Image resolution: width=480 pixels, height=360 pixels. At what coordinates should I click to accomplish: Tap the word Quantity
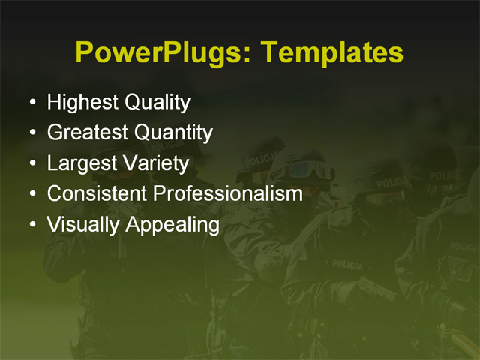172,133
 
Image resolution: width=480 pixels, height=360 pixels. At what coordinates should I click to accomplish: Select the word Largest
80,163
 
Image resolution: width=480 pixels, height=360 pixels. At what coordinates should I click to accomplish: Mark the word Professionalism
228,193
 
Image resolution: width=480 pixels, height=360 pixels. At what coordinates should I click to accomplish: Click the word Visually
78,225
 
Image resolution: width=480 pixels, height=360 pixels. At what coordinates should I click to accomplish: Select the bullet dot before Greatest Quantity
31,133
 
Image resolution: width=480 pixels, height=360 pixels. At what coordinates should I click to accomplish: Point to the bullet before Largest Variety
31,163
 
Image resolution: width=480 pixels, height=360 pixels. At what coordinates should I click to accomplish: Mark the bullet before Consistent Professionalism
31,194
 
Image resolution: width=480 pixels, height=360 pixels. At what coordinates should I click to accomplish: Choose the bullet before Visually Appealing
31,225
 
